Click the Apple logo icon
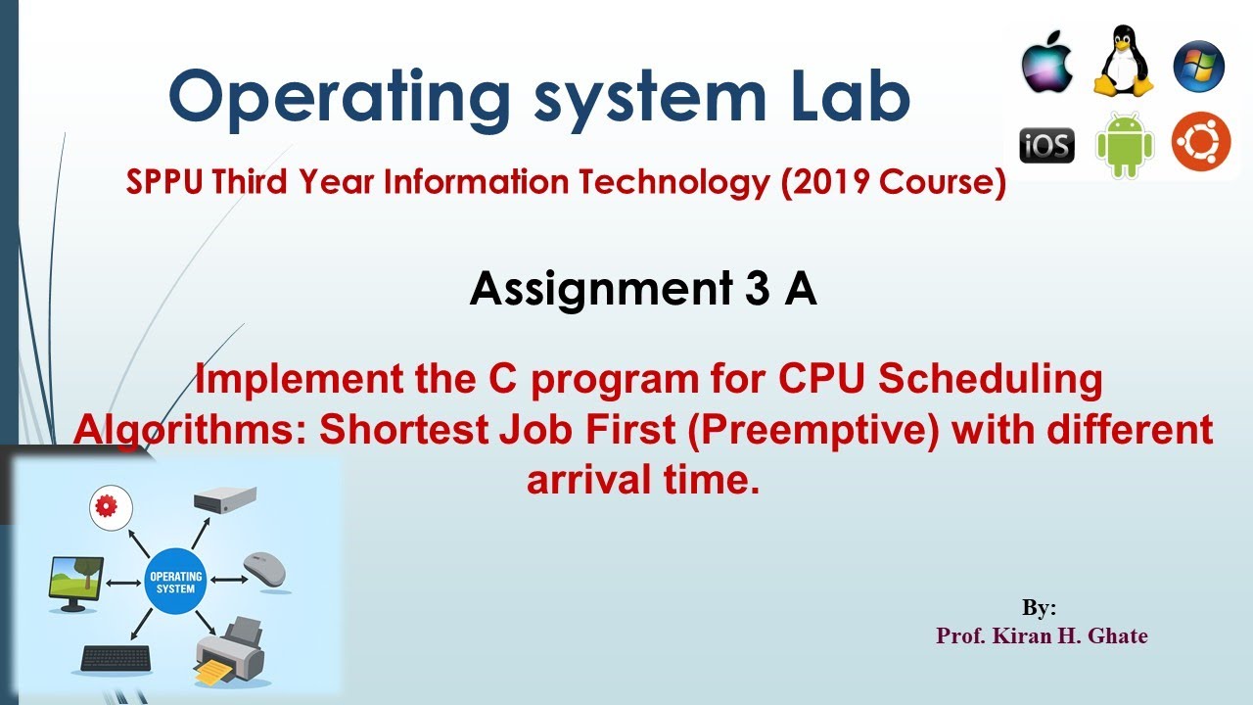[1046, 63]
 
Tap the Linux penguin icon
[1123, 61]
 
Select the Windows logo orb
[1199, 66]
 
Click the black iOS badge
[1046, 146]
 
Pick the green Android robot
[1125, 146]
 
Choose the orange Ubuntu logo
[1201, 141]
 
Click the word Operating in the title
[339, 99]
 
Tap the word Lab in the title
[851, 95]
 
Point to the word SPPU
[163, 182]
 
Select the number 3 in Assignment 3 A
[757, 288]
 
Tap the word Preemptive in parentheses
[813, 431]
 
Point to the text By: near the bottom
[1039, 607]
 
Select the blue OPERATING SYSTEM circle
[175, 582]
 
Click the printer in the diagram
[229, 652]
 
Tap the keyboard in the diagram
[116, 659]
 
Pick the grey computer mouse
[264, 570]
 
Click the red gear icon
[111, 507]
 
